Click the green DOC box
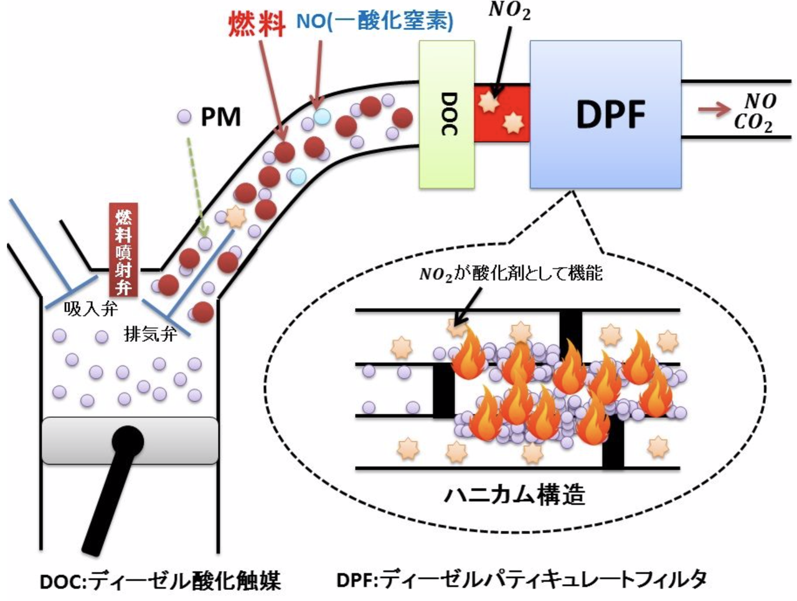click(446, 115)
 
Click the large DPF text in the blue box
click(611, 114)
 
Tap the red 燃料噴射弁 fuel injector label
click(124, 250)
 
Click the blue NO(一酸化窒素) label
click(375, 21)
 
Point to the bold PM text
click(221, 117)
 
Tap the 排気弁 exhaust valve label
click(150, 333)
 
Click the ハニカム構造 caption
click(514, 495)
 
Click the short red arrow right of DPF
click(714, 110)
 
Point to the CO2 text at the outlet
click(753, 123)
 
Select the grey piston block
click(130, 441)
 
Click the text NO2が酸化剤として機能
click(511, 274)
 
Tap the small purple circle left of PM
click(184, 117)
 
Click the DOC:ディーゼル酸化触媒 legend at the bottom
click(160, 580)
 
